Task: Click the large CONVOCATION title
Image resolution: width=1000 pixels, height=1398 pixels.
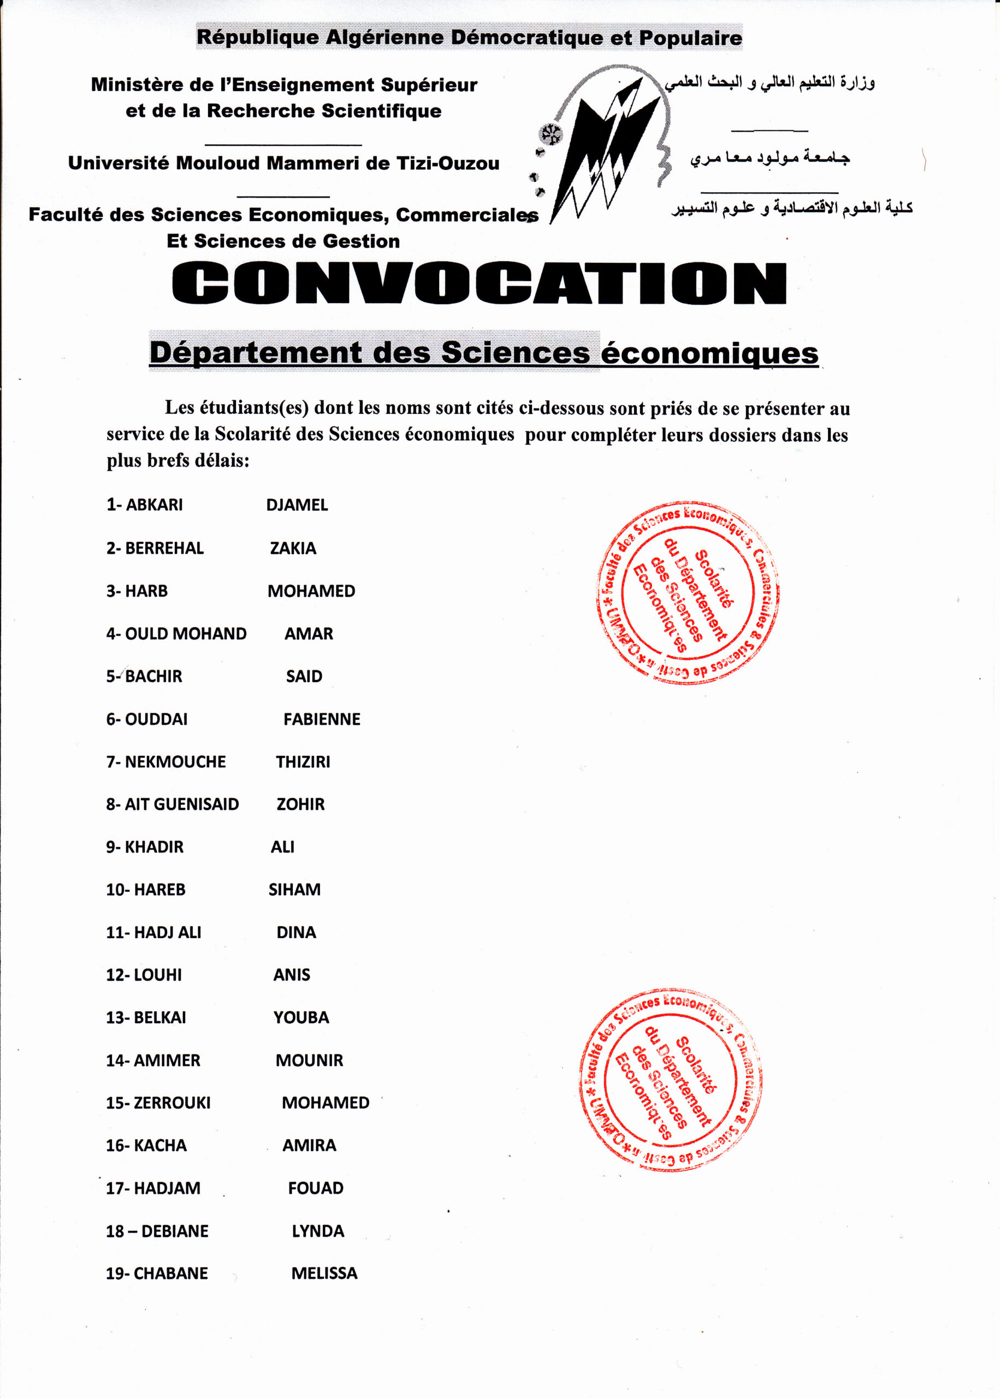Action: point(479,284)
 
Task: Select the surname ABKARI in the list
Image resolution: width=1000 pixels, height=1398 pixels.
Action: point(154,505)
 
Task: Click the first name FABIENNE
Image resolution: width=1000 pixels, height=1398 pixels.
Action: point(322,719)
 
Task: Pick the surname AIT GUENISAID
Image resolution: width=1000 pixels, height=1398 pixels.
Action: point(182,804)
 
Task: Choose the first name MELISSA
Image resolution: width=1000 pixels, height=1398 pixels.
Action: point(324,1273)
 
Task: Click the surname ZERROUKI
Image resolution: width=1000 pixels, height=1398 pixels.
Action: point(172,1103)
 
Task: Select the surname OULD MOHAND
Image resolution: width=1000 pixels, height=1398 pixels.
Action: point(185,634)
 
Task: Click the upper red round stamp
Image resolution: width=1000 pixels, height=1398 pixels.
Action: point(687,592)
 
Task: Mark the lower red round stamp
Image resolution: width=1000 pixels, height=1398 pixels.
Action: point(671,1080)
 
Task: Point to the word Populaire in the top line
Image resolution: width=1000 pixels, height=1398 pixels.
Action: point(690,38)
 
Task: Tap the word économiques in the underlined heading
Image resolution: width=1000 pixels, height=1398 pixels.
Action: point(709,353)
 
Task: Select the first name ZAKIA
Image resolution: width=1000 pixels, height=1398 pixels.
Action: point(293,548)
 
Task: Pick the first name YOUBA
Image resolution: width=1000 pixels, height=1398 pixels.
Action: point(301,1017)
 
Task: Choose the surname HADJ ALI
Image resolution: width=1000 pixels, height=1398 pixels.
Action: point(168,933)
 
